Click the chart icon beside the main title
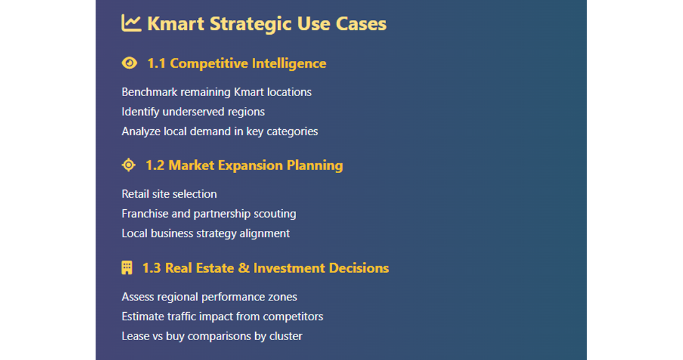[x=131, y=24]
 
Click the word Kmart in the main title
[x=176, y=24]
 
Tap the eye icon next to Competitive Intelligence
[x=129, y=63]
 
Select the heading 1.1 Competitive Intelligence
[x=237, y=63]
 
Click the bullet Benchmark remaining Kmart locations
[x=217, y=92]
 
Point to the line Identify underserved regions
[x=193, y=112]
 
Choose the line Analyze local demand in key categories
[x=220, y=132]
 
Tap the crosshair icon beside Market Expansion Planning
[x=129, y=165]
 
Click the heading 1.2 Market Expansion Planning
[x=244, y=166]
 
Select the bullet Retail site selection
[x=169, y=194]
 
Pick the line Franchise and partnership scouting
[x=209, y=214]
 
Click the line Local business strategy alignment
[x=206, y=233]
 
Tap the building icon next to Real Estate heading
[x=127, y=268]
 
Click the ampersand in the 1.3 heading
[x=244, y=268]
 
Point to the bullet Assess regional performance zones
[x=209, y=297]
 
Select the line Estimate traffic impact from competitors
[x=222, y=317]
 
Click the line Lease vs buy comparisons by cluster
[x=212, y=336]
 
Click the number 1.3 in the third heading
[x=152, y=268]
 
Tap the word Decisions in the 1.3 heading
[x=358, y=268]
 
